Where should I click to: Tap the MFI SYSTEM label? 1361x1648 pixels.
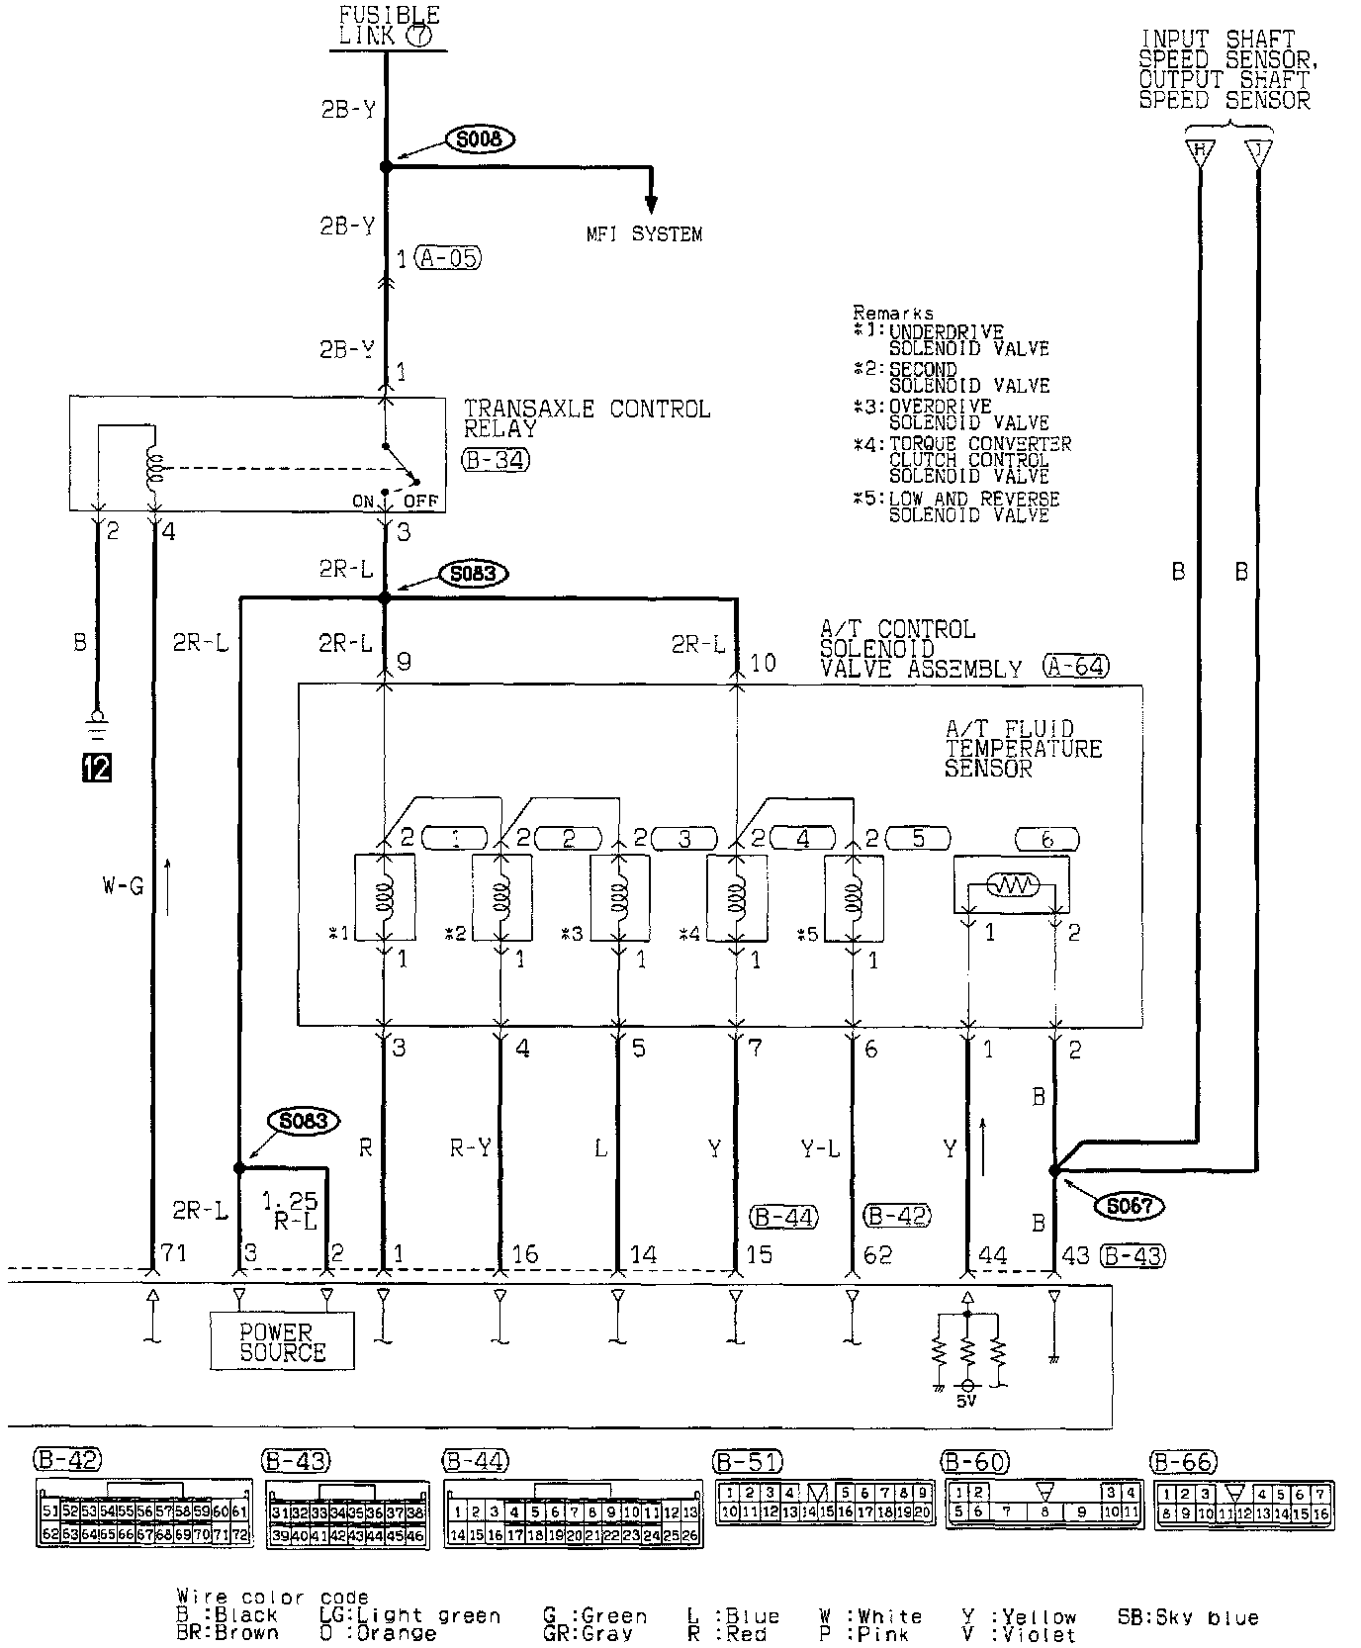pyautogui.click(x=644, y=234)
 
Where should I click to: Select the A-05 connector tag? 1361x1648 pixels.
pyautogui.click(x=448, y=259)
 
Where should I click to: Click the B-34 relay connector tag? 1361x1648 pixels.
pyautogui.click(x=496, y=459)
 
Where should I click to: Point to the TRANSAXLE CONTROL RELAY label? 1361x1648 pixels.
pyautogui.click(x=587, y=418)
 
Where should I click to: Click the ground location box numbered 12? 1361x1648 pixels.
pyautogui.click(x=97, y=768)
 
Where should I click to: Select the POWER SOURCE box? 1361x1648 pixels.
pyautogui.click(x=282, y=1341)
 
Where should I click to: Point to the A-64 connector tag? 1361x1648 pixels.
pyautogui.click(x=1075, y=667)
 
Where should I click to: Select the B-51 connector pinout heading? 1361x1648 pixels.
pyautogui.click(x=748, y=1461)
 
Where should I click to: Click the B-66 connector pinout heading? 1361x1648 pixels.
pyautogui.click(x=1184, y=1461)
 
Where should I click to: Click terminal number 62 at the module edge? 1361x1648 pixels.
pyautogui.click(x=878, y=1254)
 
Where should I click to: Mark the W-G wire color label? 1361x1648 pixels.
pyautogui.click(x=123, y=886)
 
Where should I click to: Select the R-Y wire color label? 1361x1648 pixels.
pyautogui.click(x=470, y=1147)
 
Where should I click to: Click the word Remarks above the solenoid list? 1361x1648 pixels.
pyautogui.click(x=893, y=314)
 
